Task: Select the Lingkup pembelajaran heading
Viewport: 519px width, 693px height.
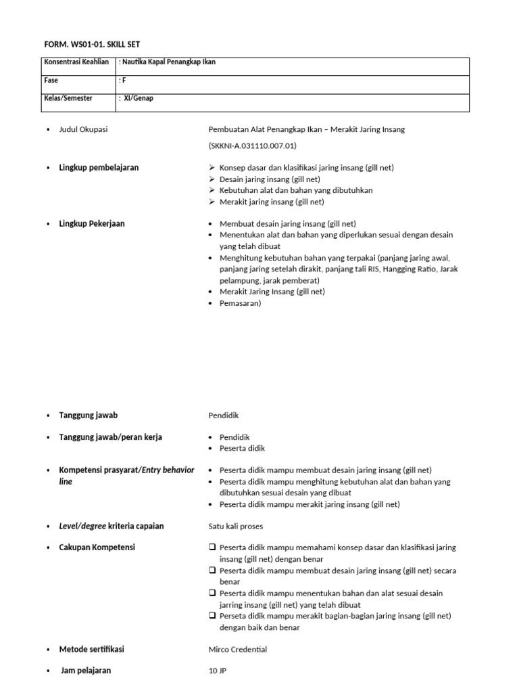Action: (99, 167)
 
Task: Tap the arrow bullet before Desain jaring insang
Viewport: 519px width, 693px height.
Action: (212, 179)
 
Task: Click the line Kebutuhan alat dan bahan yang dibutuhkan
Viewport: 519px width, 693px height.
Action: (296, 190)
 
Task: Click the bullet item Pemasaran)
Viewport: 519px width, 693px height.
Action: (240, 303)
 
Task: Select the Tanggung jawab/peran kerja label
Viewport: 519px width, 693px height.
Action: (110, 437)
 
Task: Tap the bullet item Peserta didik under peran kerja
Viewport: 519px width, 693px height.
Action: (242, 448)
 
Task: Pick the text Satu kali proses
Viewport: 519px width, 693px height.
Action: (236, 526)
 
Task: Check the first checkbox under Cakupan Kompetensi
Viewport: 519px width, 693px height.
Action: (212, 547)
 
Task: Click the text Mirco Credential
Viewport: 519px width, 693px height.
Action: (238, 649)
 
